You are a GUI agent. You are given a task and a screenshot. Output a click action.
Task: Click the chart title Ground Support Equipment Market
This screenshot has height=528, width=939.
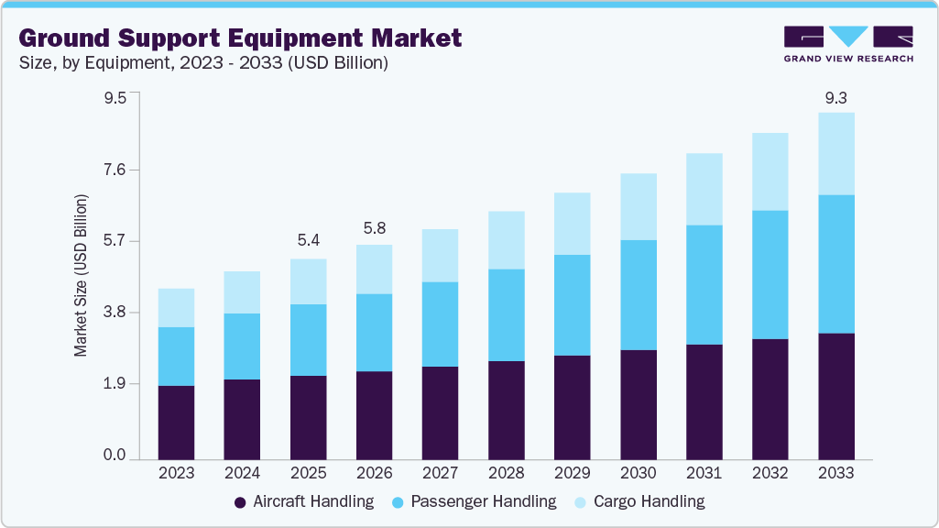240,38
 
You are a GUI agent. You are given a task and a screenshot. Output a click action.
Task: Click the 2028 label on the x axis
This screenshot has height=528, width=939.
506,473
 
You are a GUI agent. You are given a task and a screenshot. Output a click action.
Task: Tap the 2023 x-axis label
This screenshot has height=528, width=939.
176,473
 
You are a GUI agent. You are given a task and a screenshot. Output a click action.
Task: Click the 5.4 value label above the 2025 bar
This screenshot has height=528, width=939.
308,241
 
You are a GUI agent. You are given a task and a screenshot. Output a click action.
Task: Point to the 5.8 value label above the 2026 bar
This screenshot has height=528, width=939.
374,226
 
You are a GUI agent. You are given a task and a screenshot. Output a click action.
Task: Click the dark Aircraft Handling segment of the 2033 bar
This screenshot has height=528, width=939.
835,396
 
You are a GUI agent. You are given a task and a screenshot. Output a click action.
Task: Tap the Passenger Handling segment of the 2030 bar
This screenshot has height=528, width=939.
638,294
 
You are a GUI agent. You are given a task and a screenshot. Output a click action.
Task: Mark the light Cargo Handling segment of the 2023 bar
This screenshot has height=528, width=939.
176,308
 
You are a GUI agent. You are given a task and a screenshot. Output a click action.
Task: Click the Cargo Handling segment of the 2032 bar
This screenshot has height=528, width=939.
770,171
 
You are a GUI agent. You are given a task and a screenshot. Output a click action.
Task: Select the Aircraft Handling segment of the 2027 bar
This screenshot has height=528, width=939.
440,412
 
